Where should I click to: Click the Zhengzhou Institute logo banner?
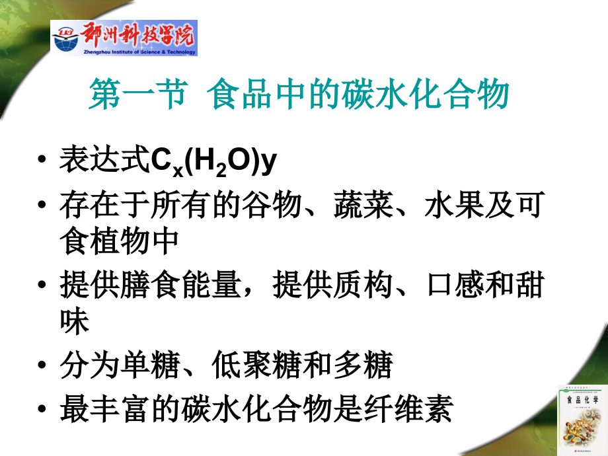click(x=124, y=38)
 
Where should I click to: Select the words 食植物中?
click(x=119, y=241)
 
